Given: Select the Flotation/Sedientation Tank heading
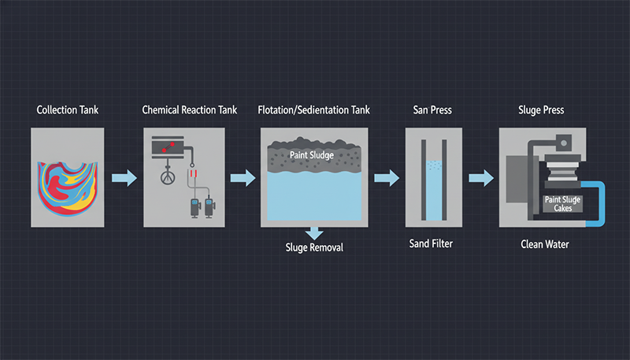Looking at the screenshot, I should pos(314,109).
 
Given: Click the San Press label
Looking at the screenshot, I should pos(433,109).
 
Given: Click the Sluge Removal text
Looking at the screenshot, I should pos(314,247).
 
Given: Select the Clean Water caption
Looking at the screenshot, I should pos(544,244).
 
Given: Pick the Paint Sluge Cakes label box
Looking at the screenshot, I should pos(563,204).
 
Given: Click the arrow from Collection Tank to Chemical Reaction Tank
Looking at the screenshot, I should pos(124,178).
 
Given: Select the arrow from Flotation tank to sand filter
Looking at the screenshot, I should pos(386,178).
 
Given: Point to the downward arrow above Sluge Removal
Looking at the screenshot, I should pos(314,232).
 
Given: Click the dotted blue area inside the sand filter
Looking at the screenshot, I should pos(433,168).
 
